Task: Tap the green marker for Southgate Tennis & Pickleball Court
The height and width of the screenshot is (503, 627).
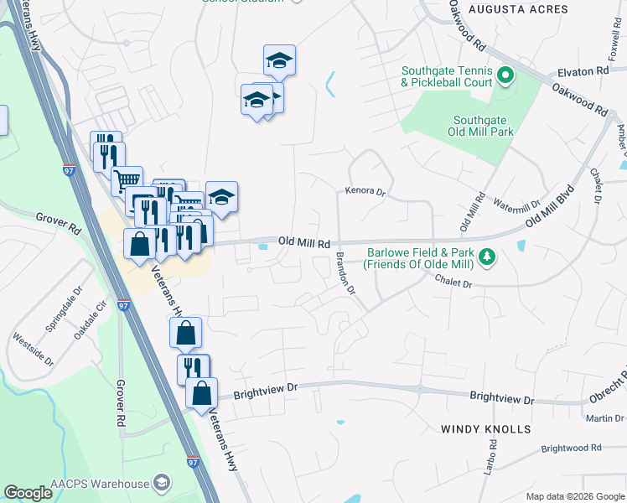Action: (505, 77)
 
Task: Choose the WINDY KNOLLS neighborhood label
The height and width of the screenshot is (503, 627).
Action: (486, 429)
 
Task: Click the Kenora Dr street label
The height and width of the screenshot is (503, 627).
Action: (365, 191)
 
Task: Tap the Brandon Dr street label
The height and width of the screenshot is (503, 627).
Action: (345, 273)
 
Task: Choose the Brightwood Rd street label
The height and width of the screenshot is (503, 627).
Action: (572, 449)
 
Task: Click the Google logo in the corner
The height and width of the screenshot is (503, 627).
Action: (28, 493)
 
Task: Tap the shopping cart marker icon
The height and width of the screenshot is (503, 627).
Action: (127, 179)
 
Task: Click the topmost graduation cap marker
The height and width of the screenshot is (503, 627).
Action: (279, 60)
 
